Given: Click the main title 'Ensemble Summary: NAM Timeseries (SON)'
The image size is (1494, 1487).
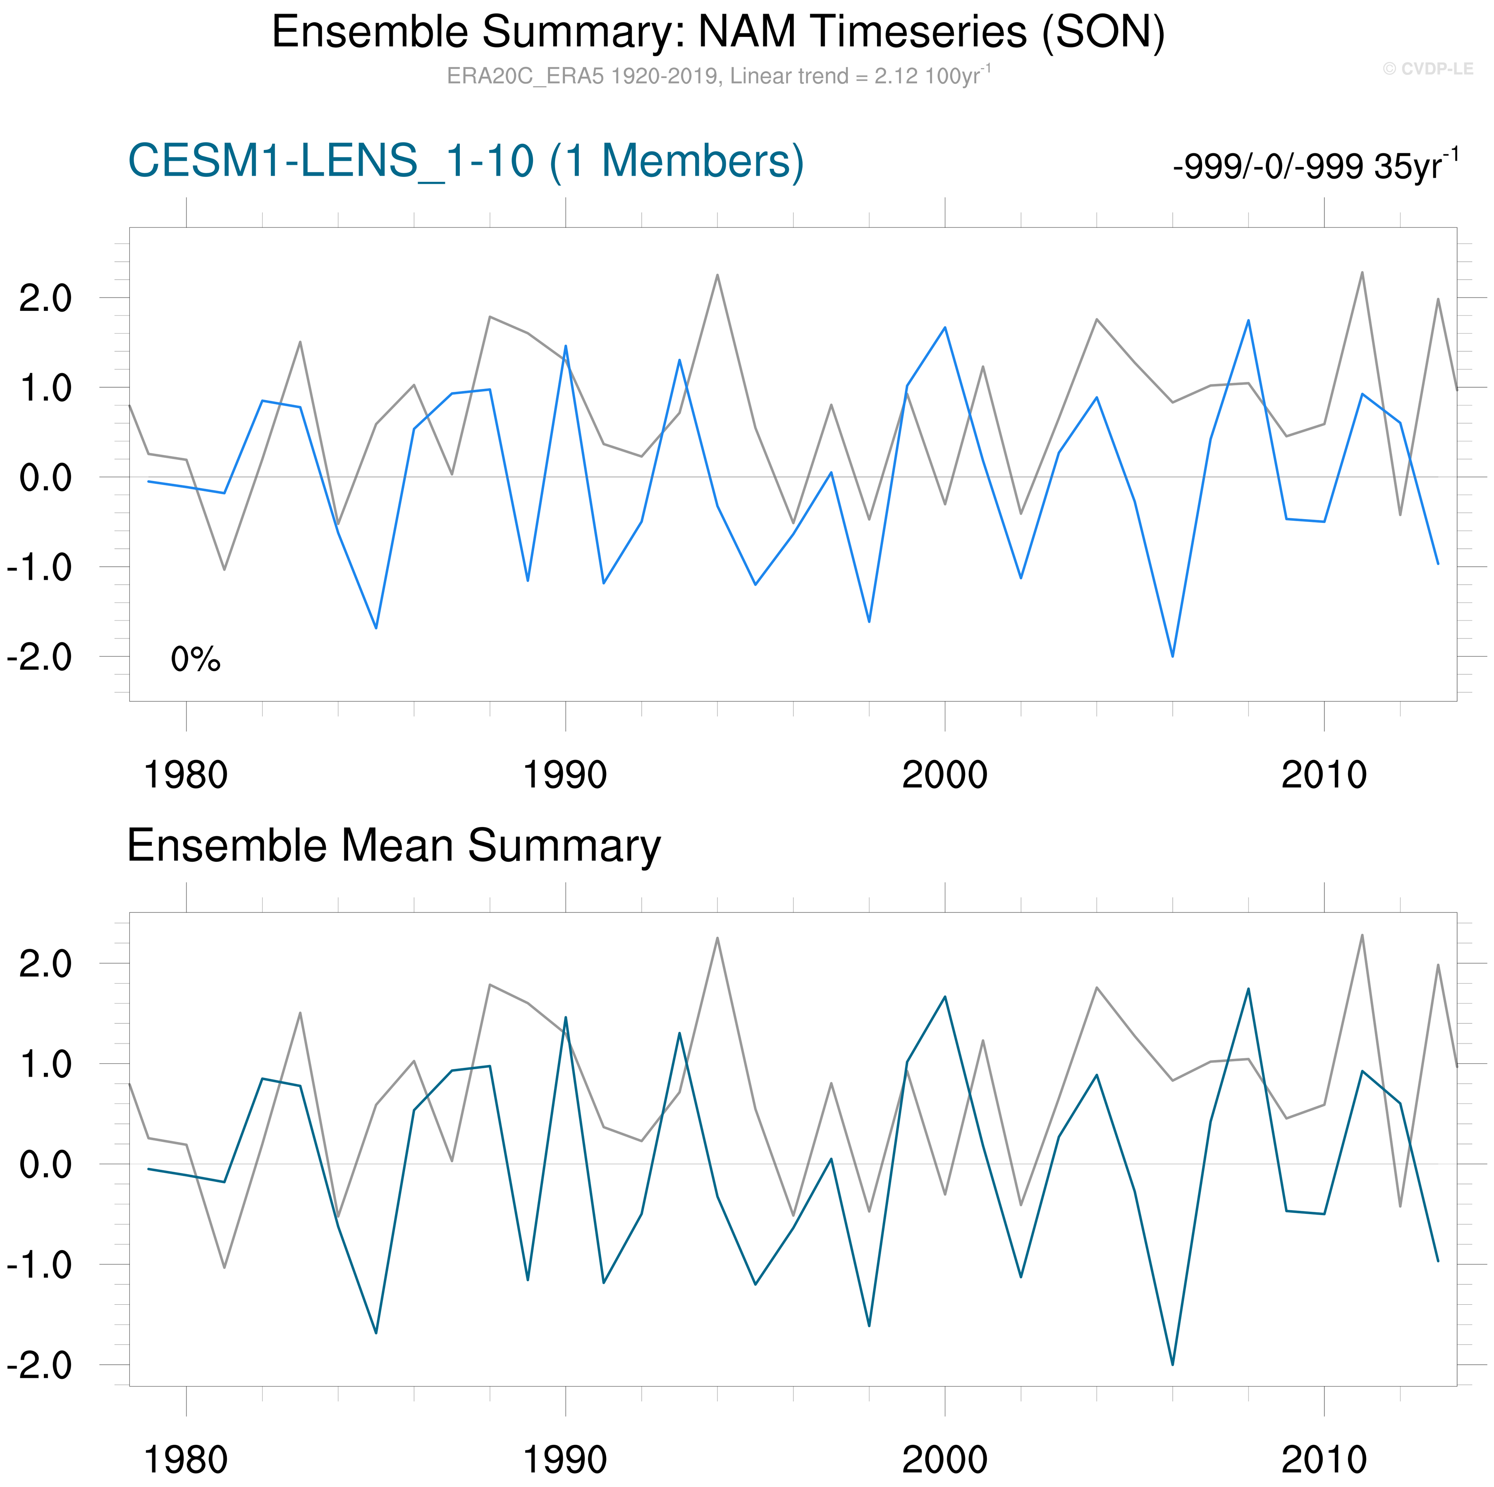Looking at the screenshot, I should [717, 33].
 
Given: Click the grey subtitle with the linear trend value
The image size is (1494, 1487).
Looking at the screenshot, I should [717, 76].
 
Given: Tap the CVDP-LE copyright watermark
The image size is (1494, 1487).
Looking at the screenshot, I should [1427, 69].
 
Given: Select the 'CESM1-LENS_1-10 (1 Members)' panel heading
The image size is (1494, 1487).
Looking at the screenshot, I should [466, 162].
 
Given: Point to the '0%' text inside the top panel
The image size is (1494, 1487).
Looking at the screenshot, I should [196, 659].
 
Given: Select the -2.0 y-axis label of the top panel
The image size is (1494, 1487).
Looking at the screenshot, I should [40, 657].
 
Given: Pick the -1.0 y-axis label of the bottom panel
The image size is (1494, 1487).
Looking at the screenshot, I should [40, 1265].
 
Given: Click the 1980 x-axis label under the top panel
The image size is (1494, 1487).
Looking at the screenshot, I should [186, 775].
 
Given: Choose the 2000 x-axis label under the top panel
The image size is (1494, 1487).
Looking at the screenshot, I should [944, 775].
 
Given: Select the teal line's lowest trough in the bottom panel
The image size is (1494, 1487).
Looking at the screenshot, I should [1172, 1364].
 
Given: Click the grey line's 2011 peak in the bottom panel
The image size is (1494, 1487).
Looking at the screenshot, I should [1362, 935].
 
